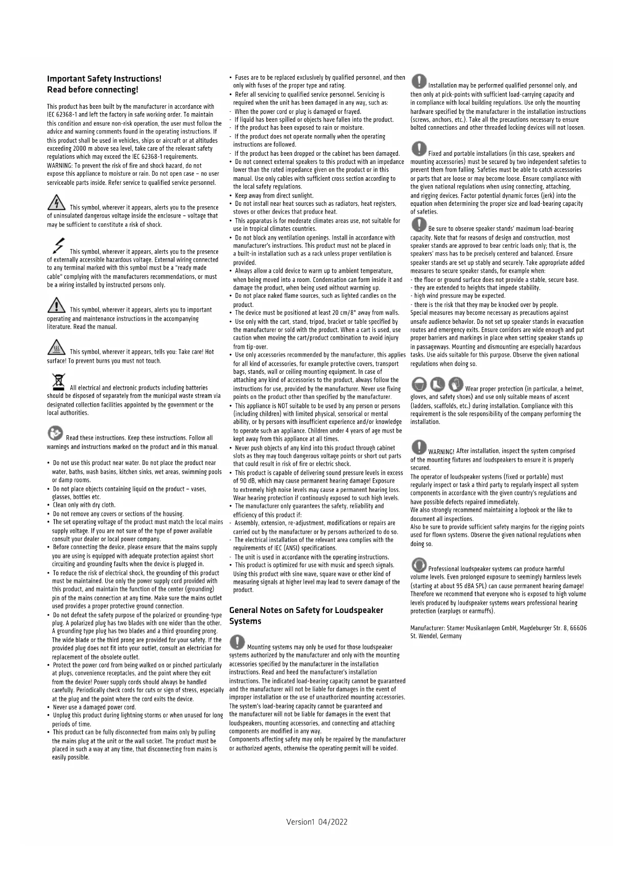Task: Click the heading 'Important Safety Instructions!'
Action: tap(104, 79)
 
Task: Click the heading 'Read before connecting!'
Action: tap(92, 90)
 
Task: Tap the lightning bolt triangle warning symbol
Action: tap(56, 203)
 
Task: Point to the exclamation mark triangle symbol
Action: tap(56, 305)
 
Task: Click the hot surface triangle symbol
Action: tap(56, 348)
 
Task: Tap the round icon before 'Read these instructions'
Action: tap(55, 433)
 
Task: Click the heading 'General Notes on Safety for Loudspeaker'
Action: tap(306, 610)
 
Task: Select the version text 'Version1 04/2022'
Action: tap(317, 822)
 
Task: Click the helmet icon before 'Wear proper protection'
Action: tap(419, 384)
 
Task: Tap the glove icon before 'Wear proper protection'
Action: tap(456, 384)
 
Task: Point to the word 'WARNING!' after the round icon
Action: tap(441, 452)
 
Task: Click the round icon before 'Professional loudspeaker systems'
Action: tap(419, 564)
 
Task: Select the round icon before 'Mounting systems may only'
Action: tap(237, 642)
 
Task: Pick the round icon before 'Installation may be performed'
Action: tap(419, 81)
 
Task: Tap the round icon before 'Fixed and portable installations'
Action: tap(419, 149)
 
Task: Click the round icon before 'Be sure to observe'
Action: tap(419, 224)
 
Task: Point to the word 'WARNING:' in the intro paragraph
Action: tap(60, 166)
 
